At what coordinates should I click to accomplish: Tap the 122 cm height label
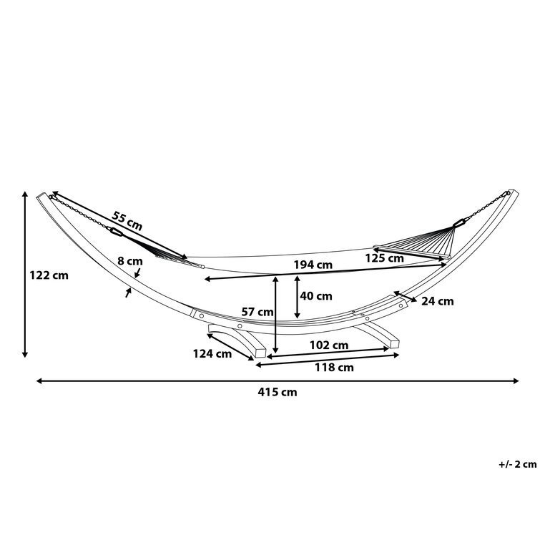point(49,275)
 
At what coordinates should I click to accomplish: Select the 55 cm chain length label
point(127,220)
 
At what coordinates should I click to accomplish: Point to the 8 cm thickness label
point(129,262)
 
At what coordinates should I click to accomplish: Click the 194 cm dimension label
point(313,265)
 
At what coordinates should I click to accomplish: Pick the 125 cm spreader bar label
point(385,258)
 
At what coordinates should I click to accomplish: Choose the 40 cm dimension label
point(315,295)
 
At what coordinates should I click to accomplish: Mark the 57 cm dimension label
point(257,311)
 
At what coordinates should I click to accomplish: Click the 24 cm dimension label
point(437,301)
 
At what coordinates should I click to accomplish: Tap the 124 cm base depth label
point(212,353)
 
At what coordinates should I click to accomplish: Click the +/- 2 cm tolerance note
point(517,464)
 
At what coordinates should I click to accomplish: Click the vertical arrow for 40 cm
point(297,296)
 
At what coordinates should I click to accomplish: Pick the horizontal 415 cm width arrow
point(278,381)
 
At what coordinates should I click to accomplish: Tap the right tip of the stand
point(511,193)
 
